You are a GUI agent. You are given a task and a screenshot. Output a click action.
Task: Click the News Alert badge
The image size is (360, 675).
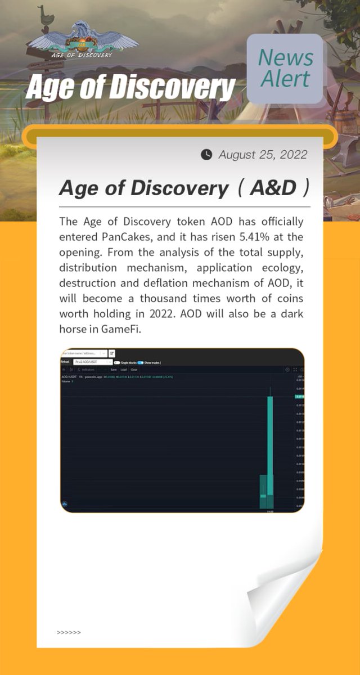[x=285, y=69]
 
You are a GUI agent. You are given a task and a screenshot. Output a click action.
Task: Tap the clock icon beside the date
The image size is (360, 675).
[x=206, y=154]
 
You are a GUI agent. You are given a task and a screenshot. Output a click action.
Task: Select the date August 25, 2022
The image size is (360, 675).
[x=263, y=154]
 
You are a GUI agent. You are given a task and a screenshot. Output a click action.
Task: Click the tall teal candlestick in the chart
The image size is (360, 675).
[x=270, y=439]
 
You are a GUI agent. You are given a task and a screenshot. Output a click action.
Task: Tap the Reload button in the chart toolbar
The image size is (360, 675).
[x=66, y=362]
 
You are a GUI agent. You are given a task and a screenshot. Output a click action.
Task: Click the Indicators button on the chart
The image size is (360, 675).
[x=87, y=370]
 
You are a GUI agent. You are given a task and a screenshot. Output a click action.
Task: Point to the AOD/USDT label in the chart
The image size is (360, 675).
[x=69, y=376]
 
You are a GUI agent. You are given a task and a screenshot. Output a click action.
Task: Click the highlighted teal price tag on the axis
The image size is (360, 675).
[x=300, y=397]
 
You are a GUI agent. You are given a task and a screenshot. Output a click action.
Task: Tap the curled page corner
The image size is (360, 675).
[x=287, y=596]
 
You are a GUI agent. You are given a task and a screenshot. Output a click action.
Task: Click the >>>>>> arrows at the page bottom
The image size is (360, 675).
[x=69, y=632]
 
